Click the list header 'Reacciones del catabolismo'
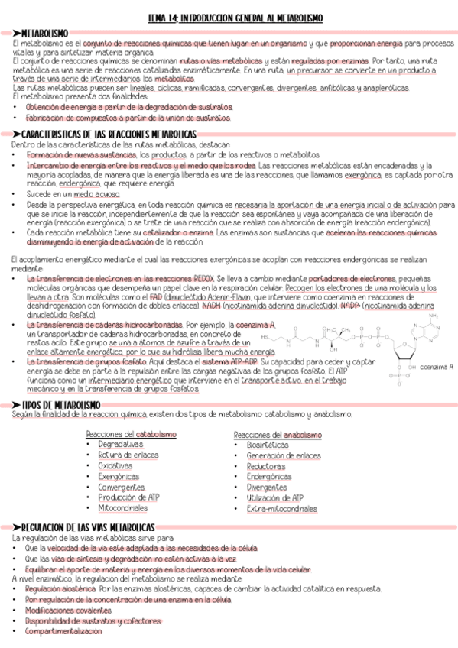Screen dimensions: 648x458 (131, 433)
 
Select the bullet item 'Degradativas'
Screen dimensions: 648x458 (121, 444)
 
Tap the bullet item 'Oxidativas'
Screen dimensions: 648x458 (115, 465)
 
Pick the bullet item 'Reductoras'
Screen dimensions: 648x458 (266, 466)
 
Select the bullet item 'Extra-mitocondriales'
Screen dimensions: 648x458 (281, 508)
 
